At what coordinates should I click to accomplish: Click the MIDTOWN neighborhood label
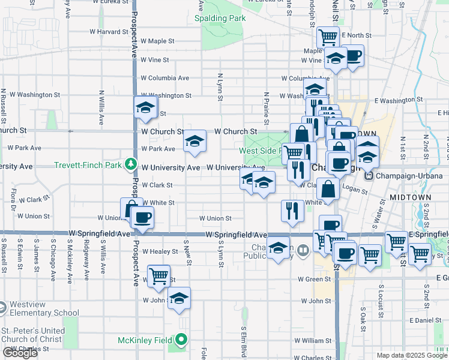(x=410, y=197)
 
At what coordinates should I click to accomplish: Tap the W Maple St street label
(x=157, y=41)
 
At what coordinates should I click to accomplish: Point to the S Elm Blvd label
(x=243, y=340)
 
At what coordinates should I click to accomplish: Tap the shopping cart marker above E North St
(x=328, y=38)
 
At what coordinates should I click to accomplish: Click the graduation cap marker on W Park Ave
(x=194, y=142)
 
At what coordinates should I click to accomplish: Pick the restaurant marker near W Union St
(x=292, y=211)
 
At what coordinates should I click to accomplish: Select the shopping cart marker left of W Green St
(x=158, y=277)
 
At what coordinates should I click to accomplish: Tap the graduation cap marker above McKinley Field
(x=179, y=298)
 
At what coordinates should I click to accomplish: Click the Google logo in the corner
(x=20, y=353)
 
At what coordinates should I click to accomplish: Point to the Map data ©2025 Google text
(x=411, y=355)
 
